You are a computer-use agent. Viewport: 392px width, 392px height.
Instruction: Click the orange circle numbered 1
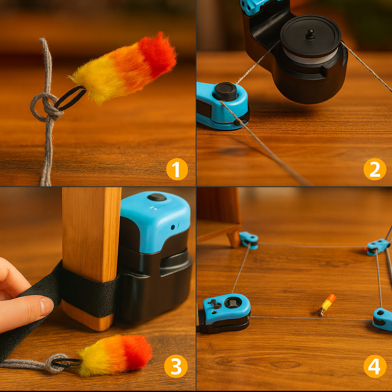click(x=177, y=169)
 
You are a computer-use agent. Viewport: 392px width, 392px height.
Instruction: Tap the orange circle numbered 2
click(x=374, y=169)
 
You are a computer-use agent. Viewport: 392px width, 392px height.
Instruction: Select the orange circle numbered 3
click(x=176, y=366)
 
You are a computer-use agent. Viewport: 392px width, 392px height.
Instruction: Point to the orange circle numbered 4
click(x=374, y=366)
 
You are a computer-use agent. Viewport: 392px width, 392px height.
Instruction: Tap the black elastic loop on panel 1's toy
click(x=70, y=98)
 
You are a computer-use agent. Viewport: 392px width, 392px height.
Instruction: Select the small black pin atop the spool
click(x=310, y=34)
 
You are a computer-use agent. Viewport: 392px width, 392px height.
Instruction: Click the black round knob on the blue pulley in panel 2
click(x=225, y=91)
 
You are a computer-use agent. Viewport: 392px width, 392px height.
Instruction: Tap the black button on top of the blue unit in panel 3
click(x=157, y=197)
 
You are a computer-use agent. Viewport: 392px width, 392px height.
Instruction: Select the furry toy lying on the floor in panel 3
click(x=115, y=355)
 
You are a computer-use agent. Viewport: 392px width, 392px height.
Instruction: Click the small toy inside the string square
click(x=327, y=305)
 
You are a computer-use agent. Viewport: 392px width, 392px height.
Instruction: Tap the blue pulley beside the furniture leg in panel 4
click(x=249, y=240)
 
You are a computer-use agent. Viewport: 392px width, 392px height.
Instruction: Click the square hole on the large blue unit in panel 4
click(x=233, y=303)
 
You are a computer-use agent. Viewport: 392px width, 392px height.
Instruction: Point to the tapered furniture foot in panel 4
click(x=234, y=239)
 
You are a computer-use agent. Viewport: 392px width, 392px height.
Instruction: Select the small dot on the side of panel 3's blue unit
click(x=173, y=227)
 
